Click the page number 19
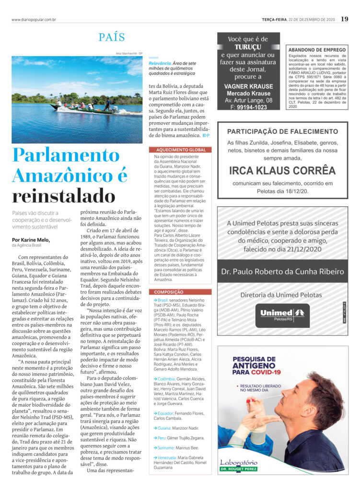coord(345,19)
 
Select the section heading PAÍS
coord(112,37)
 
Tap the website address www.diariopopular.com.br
coord(34,20)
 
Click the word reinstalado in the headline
coord(63,196)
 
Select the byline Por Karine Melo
coord(31,240)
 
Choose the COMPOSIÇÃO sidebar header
coord(168,292)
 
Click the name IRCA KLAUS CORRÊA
coord(282,170)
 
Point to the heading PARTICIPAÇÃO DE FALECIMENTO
coord(282,131)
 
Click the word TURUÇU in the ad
coord(248,47)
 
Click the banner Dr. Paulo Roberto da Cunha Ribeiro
coord(282,272)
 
